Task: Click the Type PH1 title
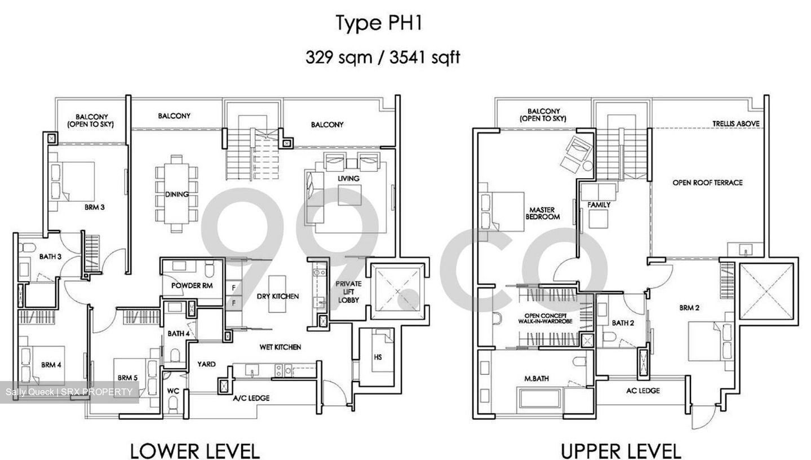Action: point(379,23)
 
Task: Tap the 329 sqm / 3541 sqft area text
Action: point(383,57)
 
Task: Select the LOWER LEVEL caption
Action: point(195,452)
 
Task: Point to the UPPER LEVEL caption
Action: point(621,452)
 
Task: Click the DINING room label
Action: point(177,194)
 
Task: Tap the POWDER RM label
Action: point(192,285)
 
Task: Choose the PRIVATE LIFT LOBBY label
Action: point(348,291)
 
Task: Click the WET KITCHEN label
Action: point(280,347)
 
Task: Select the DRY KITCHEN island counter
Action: point(277,294)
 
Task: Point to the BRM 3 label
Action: point(95,207)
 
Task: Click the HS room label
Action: point(378,357)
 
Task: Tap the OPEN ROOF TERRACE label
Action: point(707,183)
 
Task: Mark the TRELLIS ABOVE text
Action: point(736,123)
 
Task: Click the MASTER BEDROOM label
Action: point(542,213)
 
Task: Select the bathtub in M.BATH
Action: point(540,402)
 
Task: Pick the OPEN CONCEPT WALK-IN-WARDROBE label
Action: point(545,319)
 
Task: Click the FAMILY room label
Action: point(599,205)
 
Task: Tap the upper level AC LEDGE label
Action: point(643,391)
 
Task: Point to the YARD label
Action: point(206,364)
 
